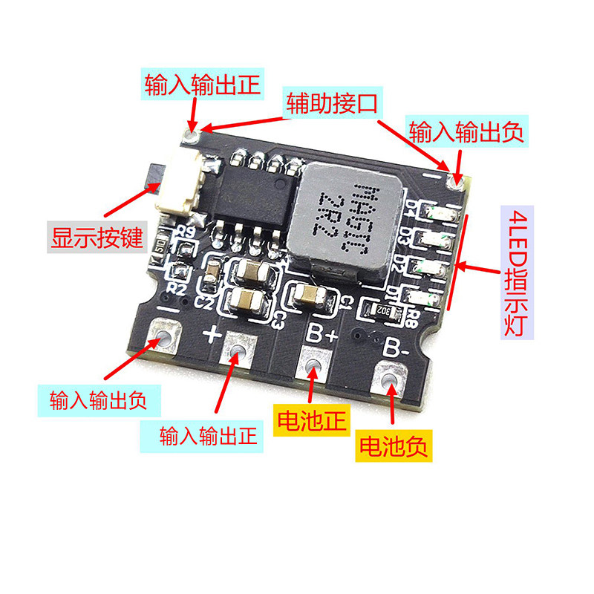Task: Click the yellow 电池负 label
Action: click(x=394, y=446)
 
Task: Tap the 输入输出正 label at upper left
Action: click(x=202, y=85)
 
